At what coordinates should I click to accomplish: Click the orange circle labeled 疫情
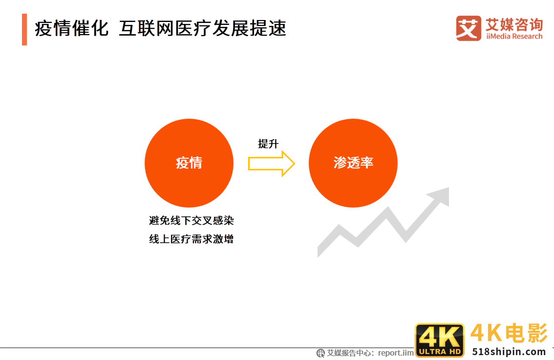(x=189, y=163)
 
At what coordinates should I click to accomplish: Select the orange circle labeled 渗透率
(x=353, y=163)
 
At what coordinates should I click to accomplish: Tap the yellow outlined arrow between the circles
(x=272, y=163)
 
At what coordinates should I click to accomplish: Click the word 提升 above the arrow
(x=268, y=144)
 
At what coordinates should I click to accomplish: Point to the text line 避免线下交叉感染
(x=192, y=220)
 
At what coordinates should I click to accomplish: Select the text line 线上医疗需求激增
(x=192, y=239)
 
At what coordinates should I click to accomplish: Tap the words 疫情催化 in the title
(x=71, y=29)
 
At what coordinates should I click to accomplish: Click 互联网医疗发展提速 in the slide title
(x=202, y=29)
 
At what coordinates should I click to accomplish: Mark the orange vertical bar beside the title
(x=24, y=29)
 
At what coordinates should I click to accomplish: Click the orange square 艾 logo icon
(x=469, y=28)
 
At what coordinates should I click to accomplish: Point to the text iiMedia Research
(x=514, y=37)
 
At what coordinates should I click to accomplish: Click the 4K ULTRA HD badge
(x=439, y=340)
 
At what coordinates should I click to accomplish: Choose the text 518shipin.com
(x=509, y=351)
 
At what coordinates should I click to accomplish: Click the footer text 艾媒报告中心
(x=350, y=353)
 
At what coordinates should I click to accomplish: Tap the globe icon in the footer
(x=321, y=353)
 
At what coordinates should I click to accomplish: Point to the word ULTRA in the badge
(x=430, y=351)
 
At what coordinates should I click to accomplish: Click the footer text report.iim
(x=396, y=353)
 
